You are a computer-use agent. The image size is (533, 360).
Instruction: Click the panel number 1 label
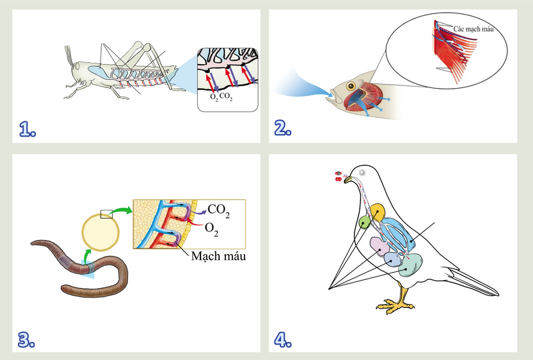27,129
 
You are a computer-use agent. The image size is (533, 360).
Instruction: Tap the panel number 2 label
283,129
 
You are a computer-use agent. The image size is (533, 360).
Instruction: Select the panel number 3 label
27,340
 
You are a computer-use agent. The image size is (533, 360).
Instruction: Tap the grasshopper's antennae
69,57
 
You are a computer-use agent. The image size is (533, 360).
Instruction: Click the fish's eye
350,86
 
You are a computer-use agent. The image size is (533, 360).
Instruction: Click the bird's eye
362,173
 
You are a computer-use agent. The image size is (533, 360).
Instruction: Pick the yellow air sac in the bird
377,213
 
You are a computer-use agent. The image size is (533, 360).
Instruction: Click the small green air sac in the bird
364,222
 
